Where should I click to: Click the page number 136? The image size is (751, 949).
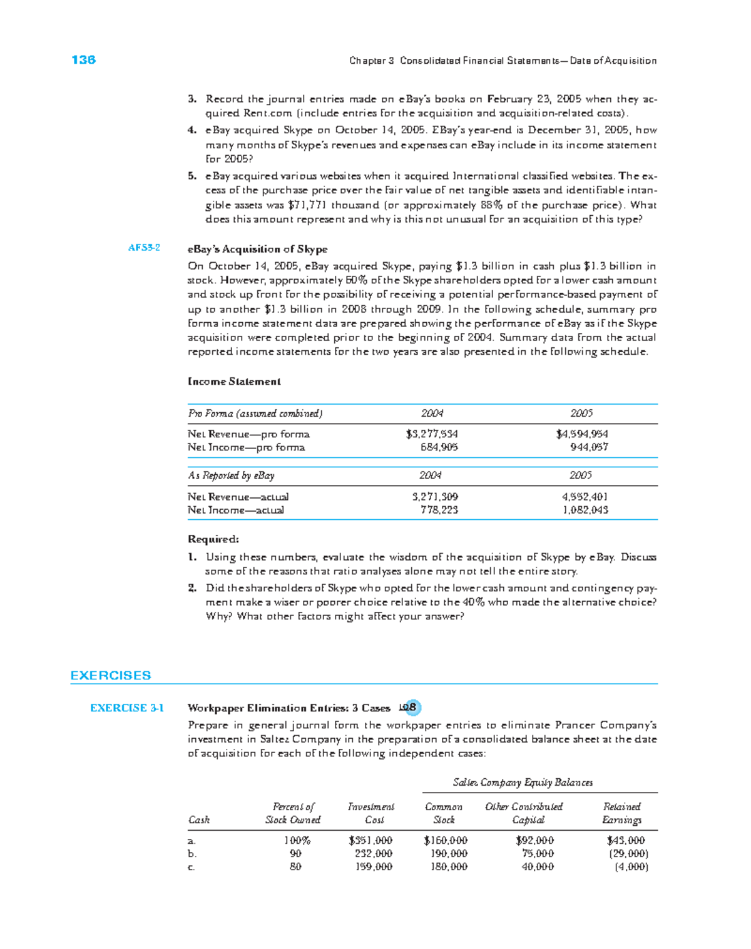83,60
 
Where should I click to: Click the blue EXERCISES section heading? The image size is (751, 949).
111,676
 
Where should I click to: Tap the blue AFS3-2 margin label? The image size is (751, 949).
144,248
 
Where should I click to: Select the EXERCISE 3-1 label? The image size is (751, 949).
127,708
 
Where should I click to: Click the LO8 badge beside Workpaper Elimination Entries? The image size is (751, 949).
409,708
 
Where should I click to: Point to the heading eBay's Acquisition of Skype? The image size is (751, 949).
257,249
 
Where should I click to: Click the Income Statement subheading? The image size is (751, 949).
234,382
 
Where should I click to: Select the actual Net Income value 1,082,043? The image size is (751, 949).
585,510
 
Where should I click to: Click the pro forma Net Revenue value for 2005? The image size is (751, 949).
581,434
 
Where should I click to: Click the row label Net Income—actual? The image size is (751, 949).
236,510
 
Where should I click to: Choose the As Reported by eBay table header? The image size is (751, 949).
231,475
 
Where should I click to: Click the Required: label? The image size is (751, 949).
213,539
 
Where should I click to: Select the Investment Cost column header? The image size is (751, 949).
371,813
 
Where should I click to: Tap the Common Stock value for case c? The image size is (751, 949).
449,867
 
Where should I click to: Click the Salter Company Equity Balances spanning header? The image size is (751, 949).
523,783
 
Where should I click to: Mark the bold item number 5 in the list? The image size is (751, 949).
192,176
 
